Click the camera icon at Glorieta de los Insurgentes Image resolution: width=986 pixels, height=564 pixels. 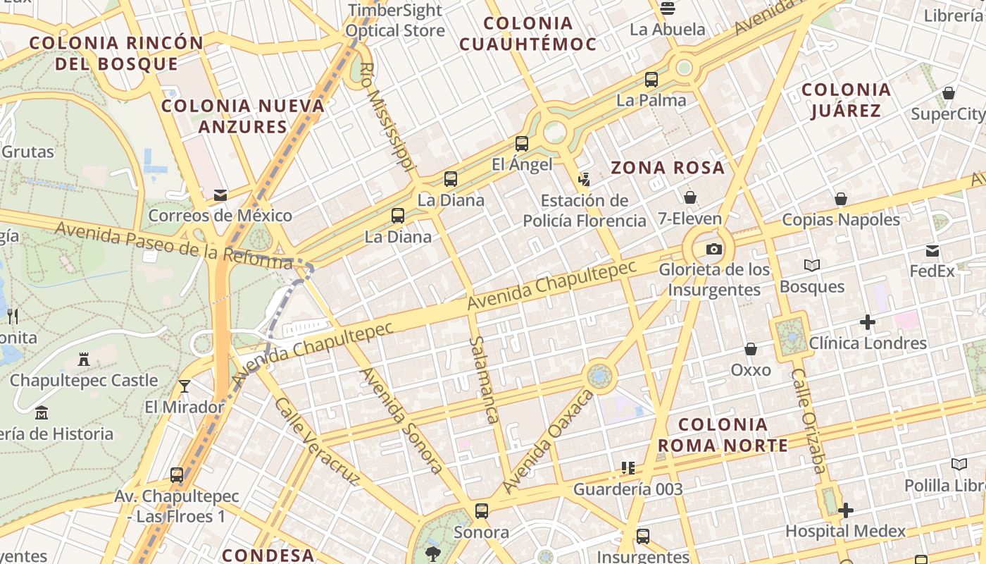pos(713,249)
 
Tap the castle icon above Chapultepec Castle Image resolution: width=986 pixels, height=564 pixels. pos(84,360)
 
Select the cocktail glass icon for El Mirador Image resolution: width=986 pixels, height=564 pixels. pos(185,386)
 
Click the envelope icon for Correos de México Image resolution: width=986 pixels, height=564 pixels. pos(220,195)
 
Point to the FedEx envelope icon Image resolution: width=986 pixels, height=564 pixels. pos(932,250)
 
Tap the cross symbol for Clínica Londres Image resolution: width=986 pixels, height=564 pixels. pos(868,323)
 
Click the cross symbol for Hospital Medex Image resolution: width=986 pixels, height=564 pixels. pos(846,510)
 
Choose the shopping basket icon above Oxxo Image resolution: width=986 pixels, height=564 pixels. pos(751,349)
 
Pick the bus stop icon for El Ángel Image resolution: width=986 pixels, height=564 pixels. pos(522,144)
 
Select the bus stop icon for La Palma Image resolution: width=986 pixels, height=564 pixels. pos(651,80)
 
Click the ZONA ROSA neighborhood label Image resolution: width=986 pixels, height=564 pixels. pos(668,168)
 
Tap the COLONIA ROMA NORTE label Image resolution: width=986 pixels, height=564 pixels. pos(723,435)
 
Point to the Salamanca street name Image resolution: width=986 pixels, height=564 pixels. pos(484,379)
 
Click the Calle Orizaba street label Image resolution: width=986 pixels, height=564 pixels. pos(808,420)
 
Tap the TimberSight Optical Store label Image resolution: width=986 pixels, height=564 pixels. pos(394,20)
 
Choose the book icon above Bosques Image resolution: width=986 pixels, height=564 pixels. pos(812,265)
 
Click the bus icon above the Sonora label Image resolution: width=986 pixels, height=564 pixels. pos(482,511)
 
